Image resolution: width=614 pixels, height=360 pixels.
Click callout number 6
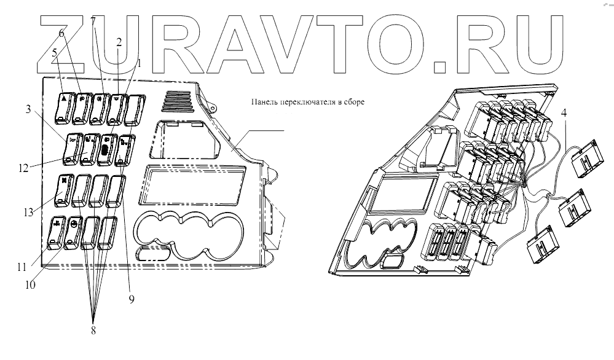[x=61, y=32]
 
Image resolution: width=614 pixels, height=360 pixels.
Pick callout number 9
[x=130, y=300]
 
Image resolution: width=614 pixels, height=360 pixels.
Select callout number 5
[x=55, y=53]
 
